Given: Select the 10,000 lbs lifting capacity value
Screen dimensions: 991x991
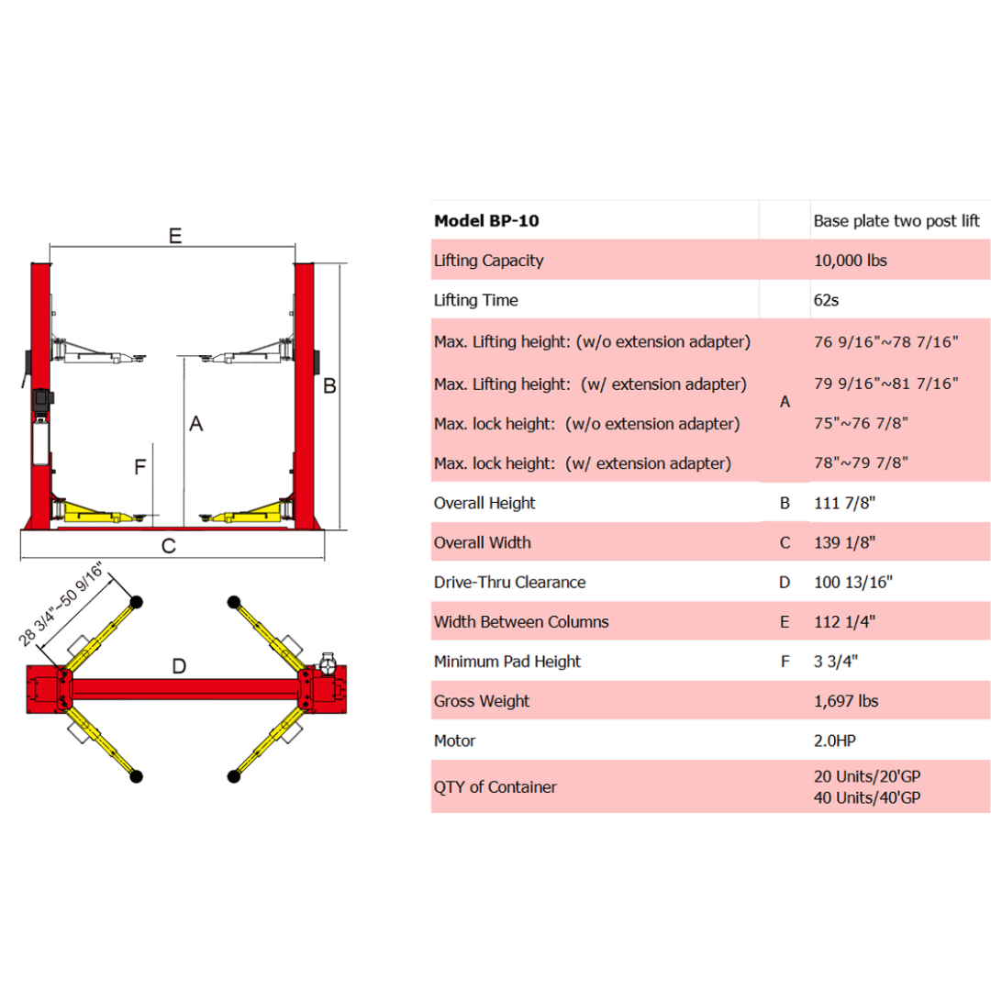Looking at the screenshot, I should click(x=850, y=261).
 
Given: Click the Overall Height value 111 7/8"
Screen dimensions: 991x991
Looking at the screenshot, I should click(x=844, y=503).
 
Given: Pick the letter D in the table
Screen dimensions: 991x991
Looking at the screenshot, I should click(x=785, y=582).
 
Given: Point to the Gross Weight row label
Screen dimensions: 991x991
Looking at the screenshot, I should click(x=481, y=701).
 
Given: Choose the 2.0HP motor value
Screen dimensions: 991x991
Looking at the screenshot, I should click(x=836, y=740).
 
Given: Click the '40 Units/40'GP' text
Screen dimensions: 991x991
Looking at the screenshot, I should click(x=866, y=797).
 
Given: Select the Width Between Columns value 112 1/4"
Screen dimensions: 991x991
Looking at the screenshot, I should click(x=844, y=622).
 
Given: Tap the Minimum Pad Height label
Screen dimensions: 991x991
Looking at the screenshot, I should click(x=507, y=662).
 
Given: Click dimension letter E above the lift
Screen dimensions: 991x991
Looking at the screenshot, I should click(x=174, y=235).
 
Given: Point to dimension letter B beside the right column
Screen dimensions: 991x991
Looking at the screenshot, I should click(x=329, y=386).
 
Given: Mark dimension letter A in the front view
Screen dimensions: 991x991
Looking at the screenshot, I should click(x=195, y=423).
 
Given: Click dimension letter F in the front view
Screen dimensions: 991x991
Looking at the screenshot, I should click(x=139, y=468).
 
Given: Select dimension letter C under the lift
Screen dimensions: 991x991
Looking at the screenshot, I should click(x=168, y=546).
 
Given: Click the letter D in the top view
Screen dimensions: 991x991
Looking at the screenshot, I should click(x=180, y=665).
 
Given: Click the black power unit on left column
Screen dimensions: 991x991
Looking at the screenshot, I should click(x=41, y=402).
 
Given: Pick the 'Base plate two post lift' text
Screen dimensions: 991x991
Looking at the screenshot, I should click(x=896, y=220).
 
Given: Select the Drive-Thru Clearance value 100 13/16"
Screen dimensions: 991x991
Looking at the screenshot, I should click(x=852, y=582).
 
